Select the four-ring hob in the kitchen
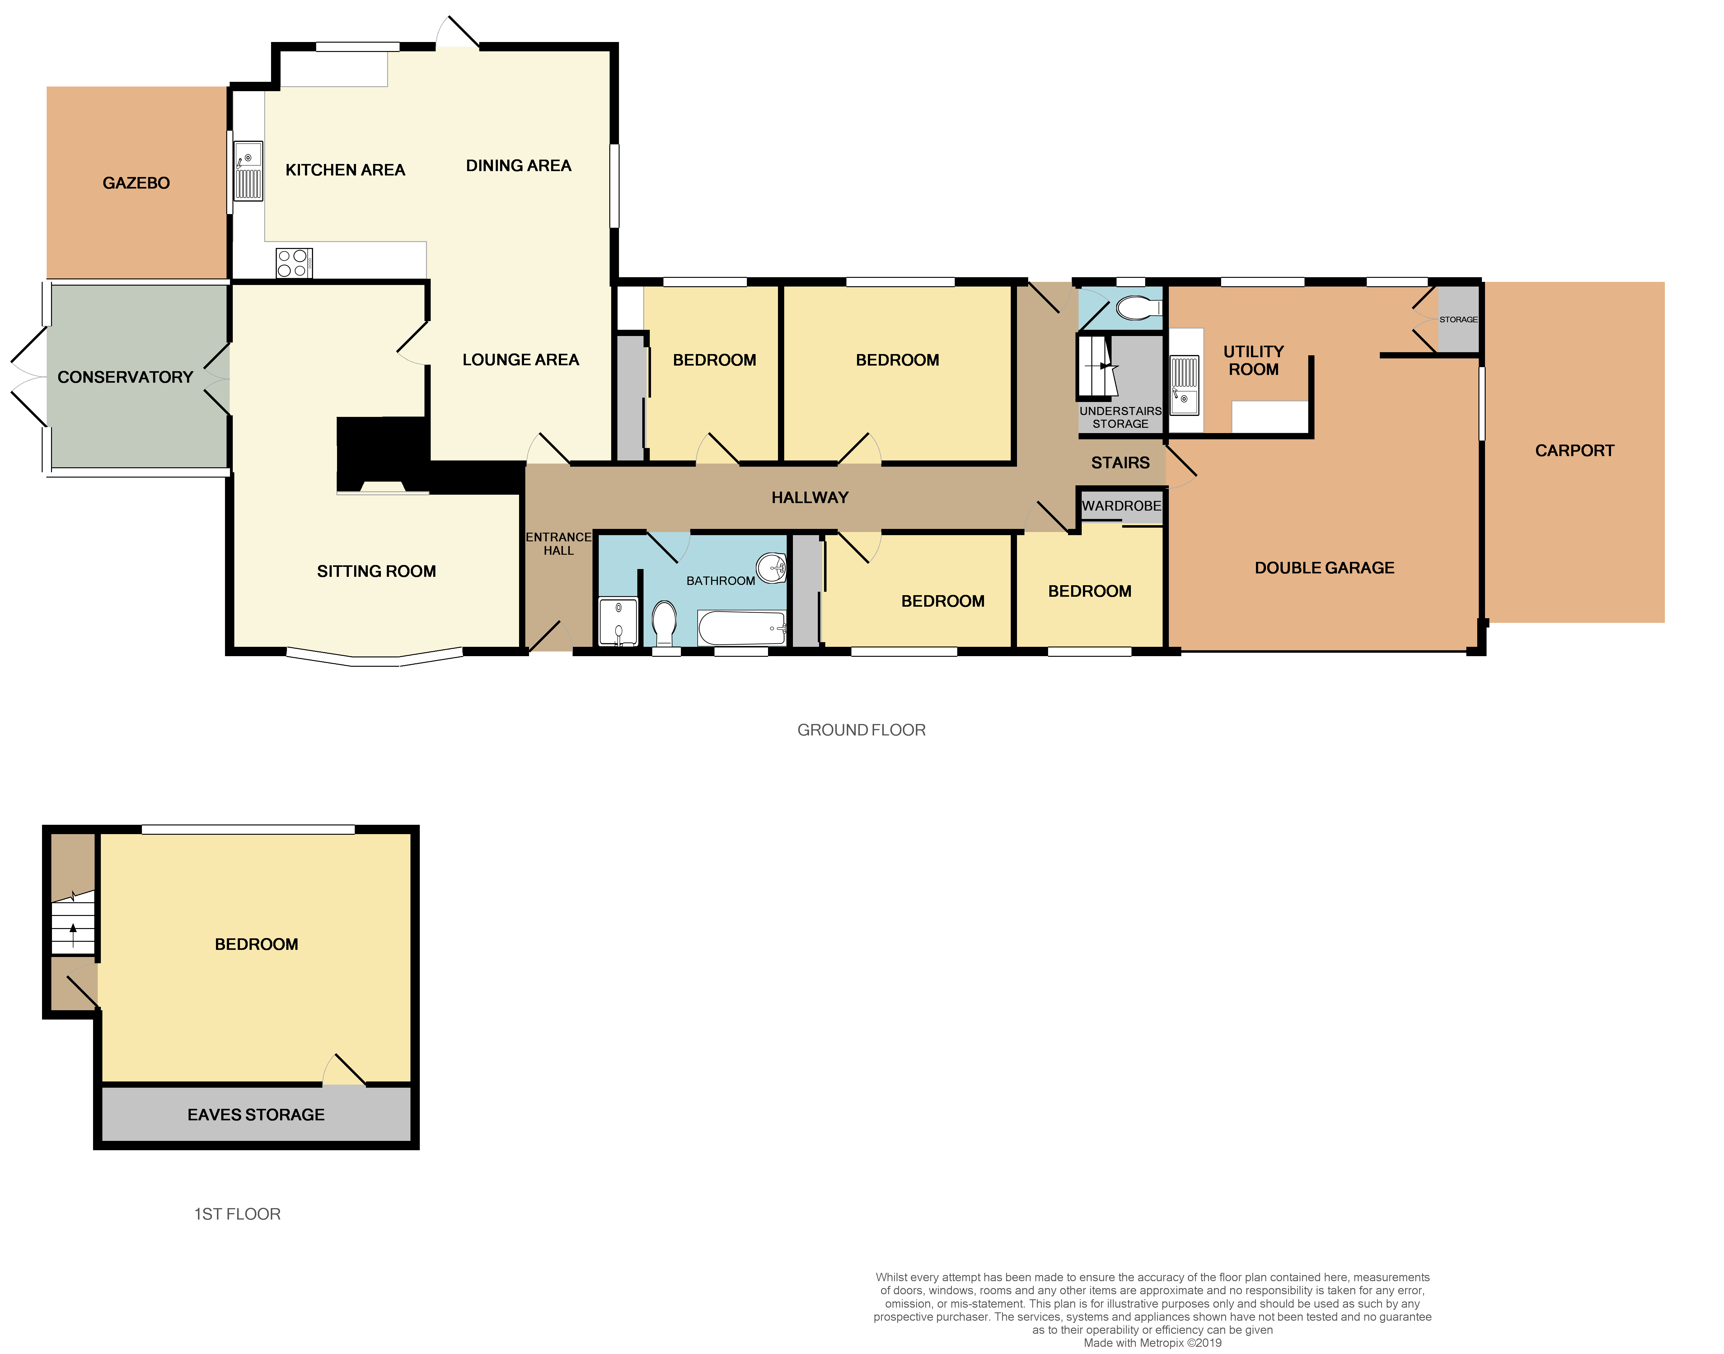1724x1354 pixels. click(x=293, y=263)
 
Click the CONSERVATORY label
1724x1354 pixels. click(x=125, y=377)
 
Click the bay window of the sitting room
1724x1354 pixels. click(x=374, y=658)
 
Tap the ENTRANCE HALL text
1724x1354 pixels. click(x=558, y=544)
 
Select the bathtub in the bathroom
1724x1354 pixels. click(x=742, y=629)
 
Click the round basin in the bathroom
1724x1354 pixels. click(x=771, y=567)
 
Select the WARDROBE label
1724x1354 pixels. click(x=1121, y=506)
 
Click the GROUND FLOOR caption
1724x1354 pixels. click(x=861, y=730)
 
